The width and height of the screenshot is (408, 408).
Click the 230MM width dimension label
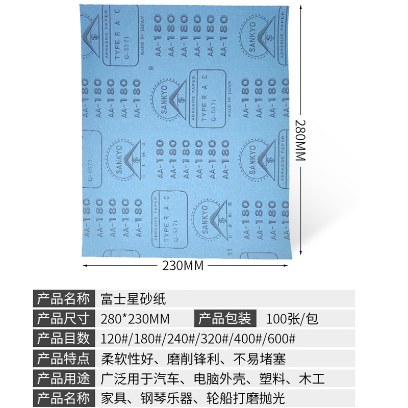183,266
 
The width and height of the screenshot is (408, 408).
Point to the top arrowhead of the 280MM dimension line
301,7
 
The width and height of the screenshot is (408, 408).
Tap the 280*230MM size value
136,319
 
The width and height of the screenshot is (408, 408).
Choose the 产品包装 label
224,319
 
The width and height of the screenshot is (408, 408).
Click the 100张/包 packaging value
292,319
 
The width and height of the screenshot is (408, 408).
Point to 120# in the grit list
115,339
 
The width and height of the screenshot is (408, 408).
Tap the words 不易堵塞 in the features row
261,359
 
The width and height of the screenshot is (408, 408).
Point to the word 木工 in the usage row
313,378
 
